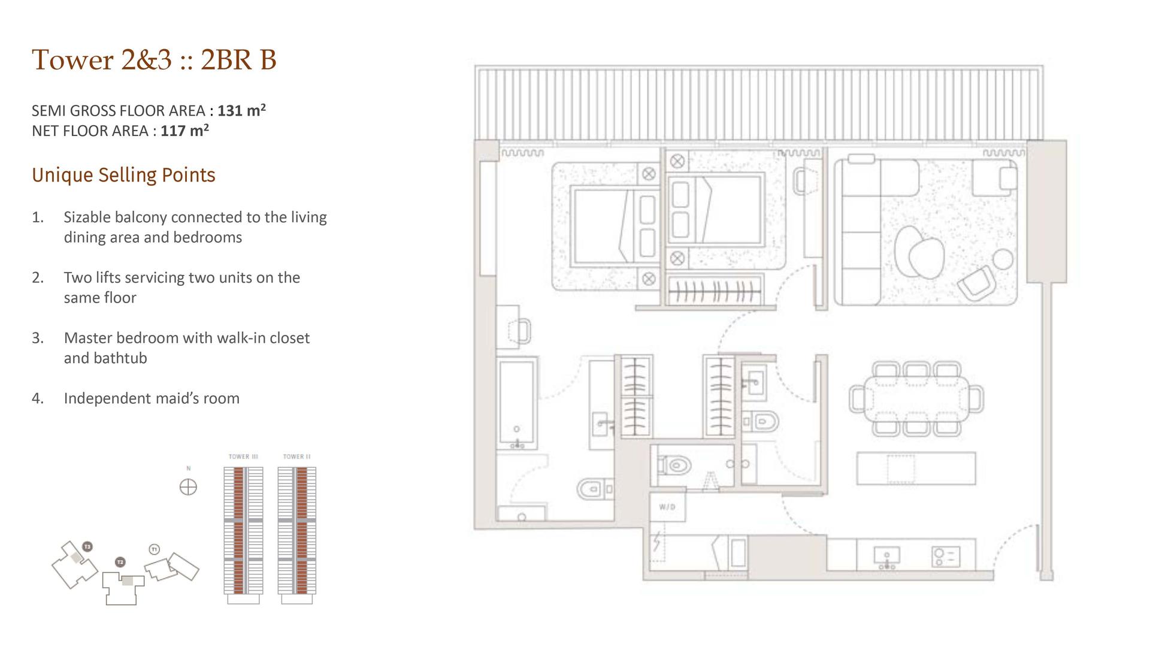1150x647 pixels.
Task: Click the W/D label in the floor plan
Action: click(667, 507)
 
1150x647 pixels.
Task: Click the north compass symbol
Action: click(188, 487)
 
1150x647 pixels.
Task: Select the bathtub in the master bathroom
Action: click(517, 403)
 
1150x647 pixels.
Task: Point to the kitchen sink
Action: click(886, 557)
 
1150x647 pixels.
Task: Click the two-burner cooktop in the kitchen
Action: click(946, 557)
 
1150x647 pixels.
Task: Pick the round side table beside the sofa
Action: click(1003, 259)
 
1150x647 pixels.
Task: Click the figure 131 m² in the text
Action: click(241, 110)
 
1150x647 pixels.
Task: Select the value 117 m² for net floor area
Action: click(184, 130)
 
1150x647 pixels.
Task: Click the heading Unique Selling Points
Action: click(123, 175)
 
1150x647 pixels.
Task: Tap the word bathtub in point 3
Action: click(105, 358)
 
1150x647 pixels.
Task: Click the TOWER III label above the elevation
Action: click(243, 456)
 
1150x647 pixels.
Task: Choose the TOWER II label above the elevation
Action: click(297, 456)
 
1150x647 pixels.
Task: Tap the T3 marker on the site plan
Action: click(87, 546)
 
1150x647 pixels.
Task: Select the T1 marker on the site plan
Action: click(155, 549)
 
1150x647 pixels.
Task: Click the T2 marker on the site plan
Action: click(120, 562)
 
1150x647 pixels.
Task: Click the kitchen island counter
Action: click(916, 468)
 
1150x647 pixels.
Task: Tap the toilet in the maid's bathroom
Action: click(674, 465)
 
